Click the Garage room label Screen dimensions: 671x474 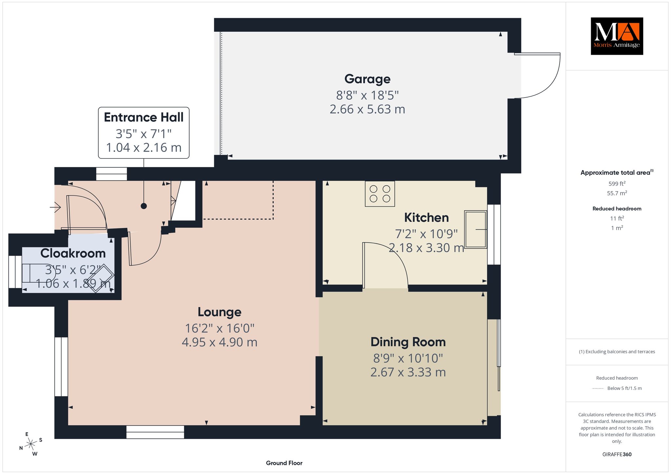[x=367, y=79]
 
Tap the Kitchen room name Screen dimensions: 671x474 [x=426, y=217]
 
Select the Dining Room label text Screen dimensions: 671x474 [x=408, y=342]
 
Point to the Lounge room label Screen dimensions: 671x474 [x=220, y=312]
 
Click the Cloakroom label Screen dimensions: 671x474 [x=73, y=253]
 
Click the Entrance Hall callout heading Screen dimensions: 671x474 [x=144, y=118]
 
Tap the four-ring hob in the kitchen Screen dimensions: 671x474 [x=380, y=193]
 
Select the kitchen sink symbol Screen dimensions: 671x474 [x=476, y=229]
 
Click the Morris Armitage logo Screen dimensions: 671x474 [x=617, y=36]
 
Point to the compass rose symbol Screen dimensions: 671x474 [x=31, y=444]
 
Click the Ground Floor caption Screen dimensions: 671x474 [x=284, y=463]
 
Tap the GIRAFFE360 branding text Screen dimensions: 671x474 [x=617, y=454]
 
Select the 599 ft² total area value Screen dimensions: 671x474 [x=617, y=184]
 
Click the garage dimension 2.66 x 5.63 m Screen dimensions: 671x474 [x=367, y=109]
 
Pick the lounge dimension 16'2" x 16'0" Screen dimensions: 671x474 [x=220, y=328]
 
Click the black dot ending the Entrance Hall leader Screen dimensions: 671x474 [x=144, y=206]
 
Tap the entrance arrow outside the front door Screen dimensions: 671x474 [x=55, y=207]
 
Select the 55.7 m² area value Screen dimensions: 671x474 [x=617, y=193]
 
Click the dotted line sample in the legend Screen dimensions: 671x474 [x=598, y=389]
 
